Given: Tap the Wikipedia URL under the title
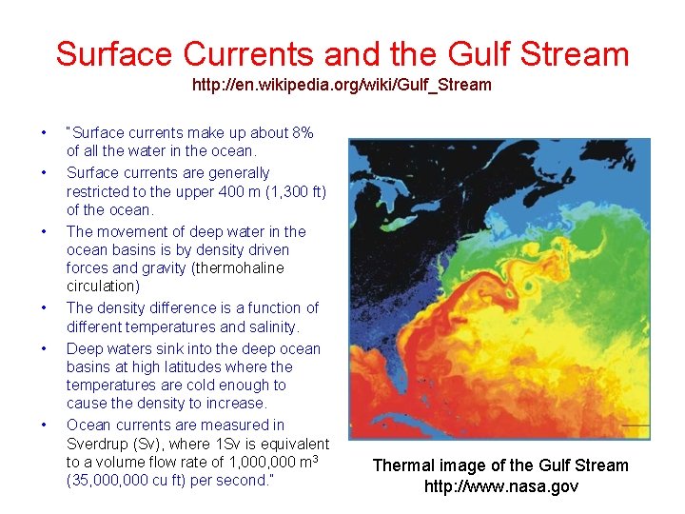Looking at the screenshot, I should pos(342,86).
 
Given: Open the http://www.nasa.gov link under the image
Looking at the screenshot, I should pos(500,487).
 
